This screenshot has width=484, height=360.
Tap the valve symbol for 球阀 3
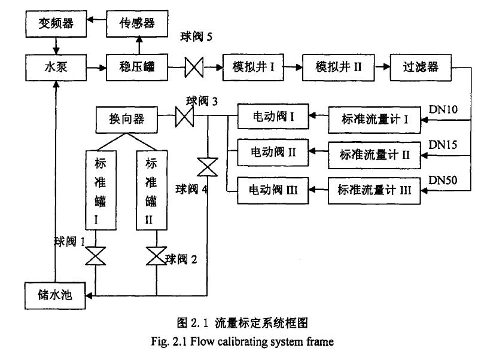point(184,117)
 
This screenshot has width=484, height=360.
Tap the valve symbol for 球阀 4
point(207,167)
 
